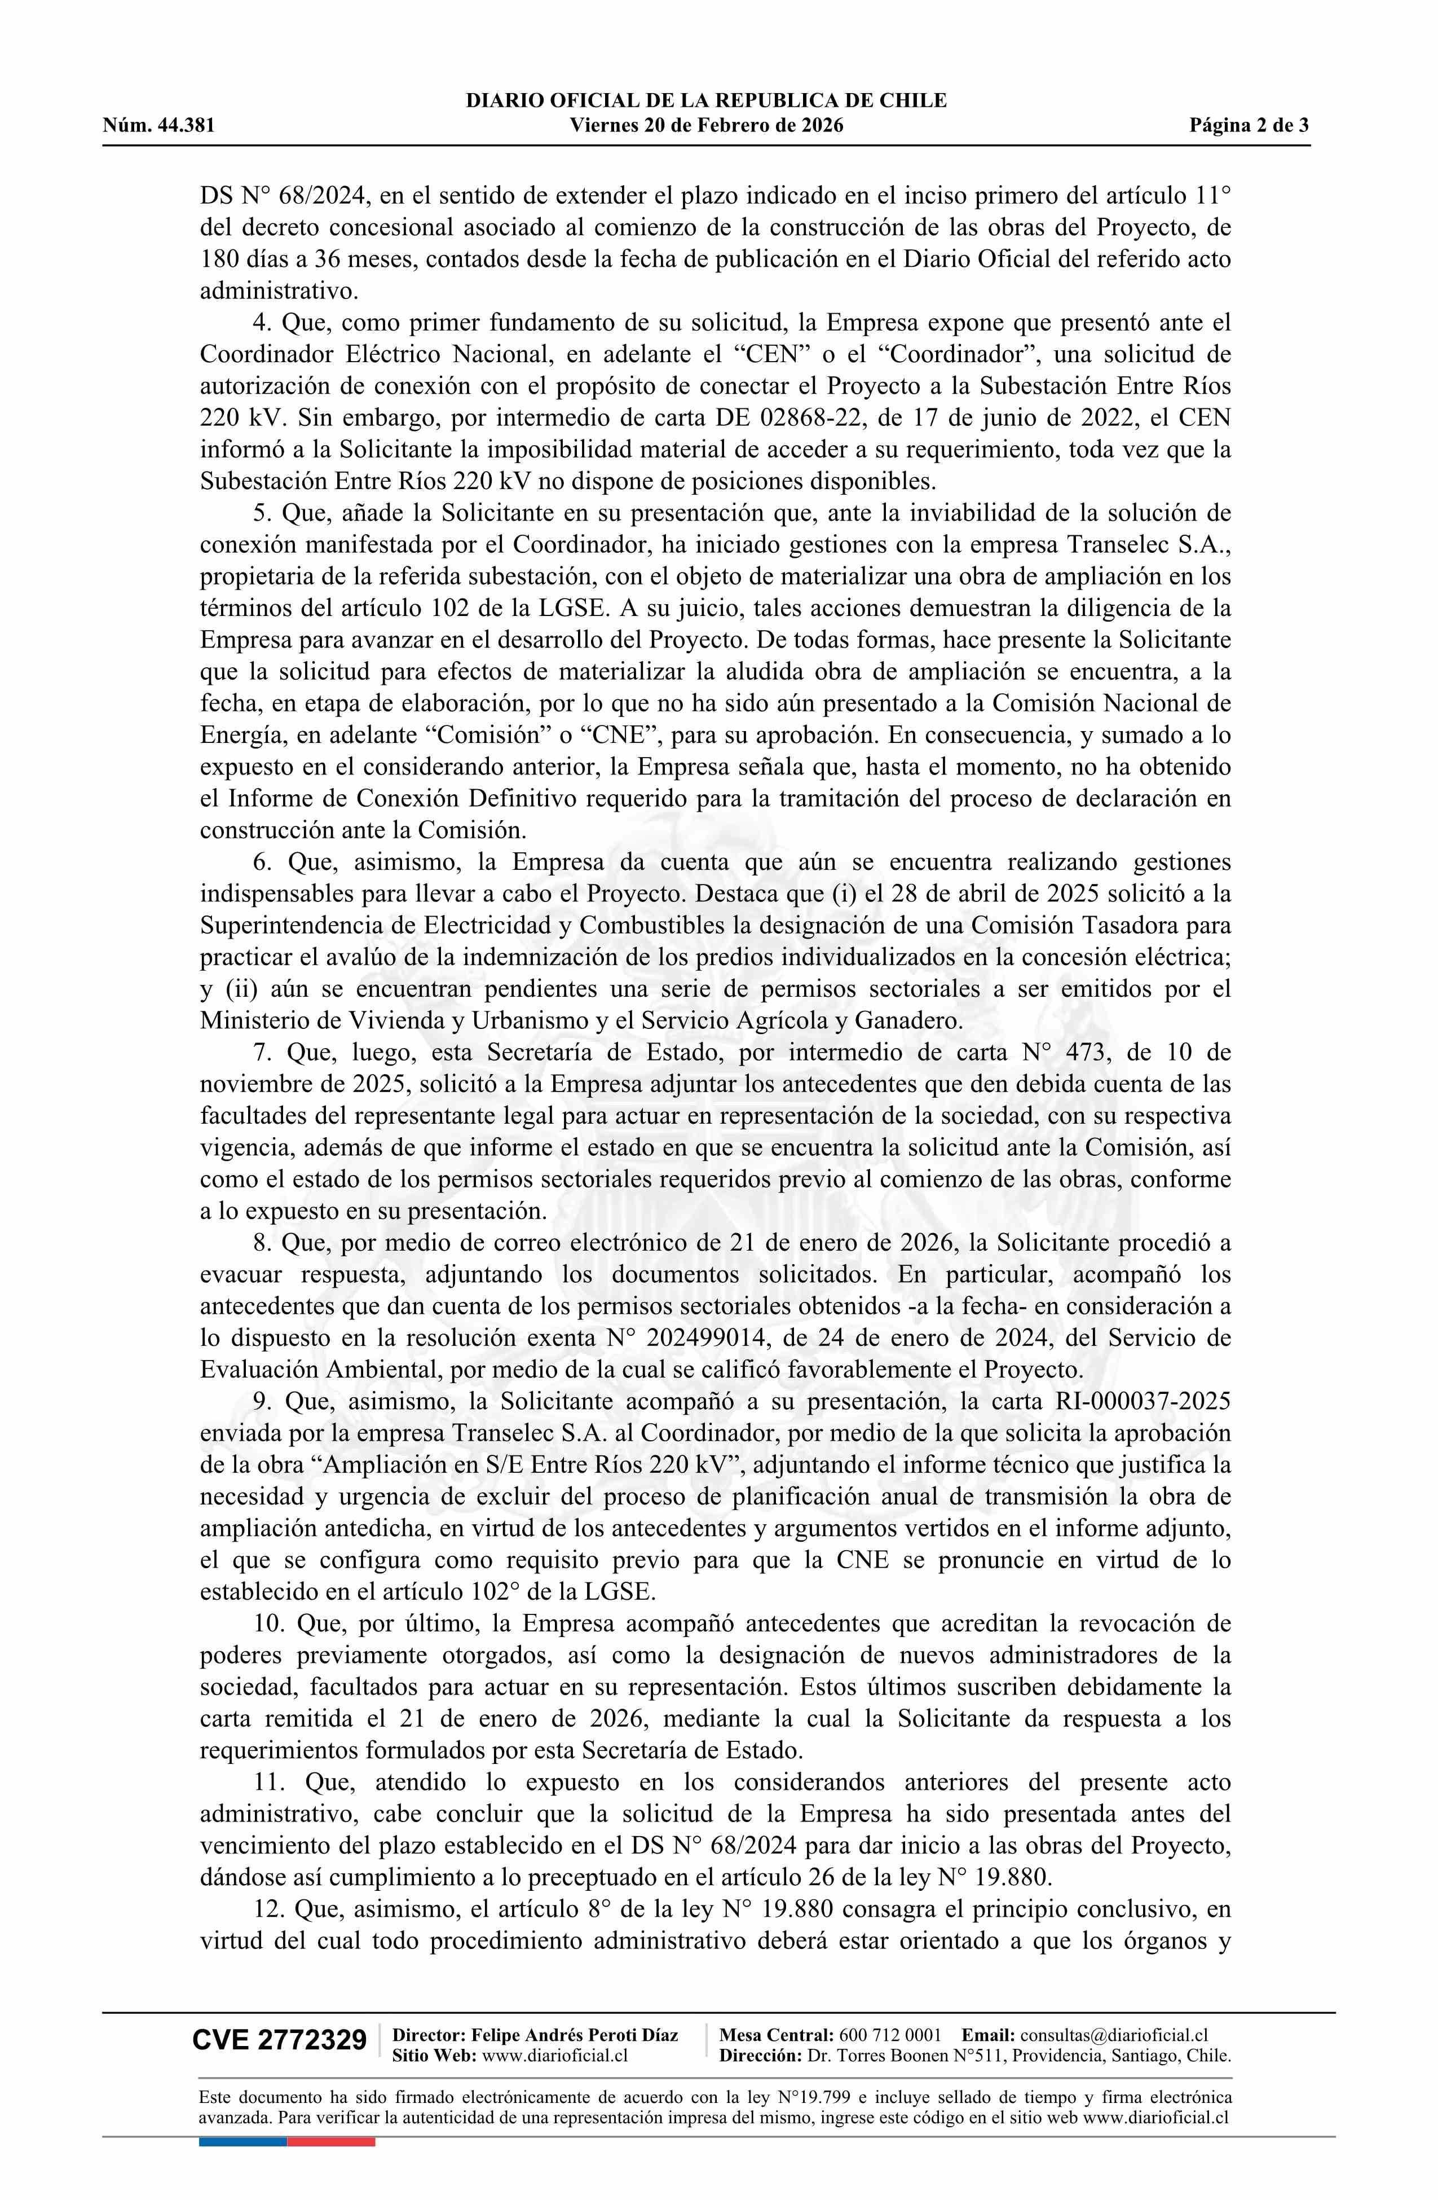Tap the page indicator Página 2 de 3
1249,126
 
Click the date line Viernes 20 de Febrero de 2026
706,126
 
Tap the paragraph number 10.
268,1623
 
